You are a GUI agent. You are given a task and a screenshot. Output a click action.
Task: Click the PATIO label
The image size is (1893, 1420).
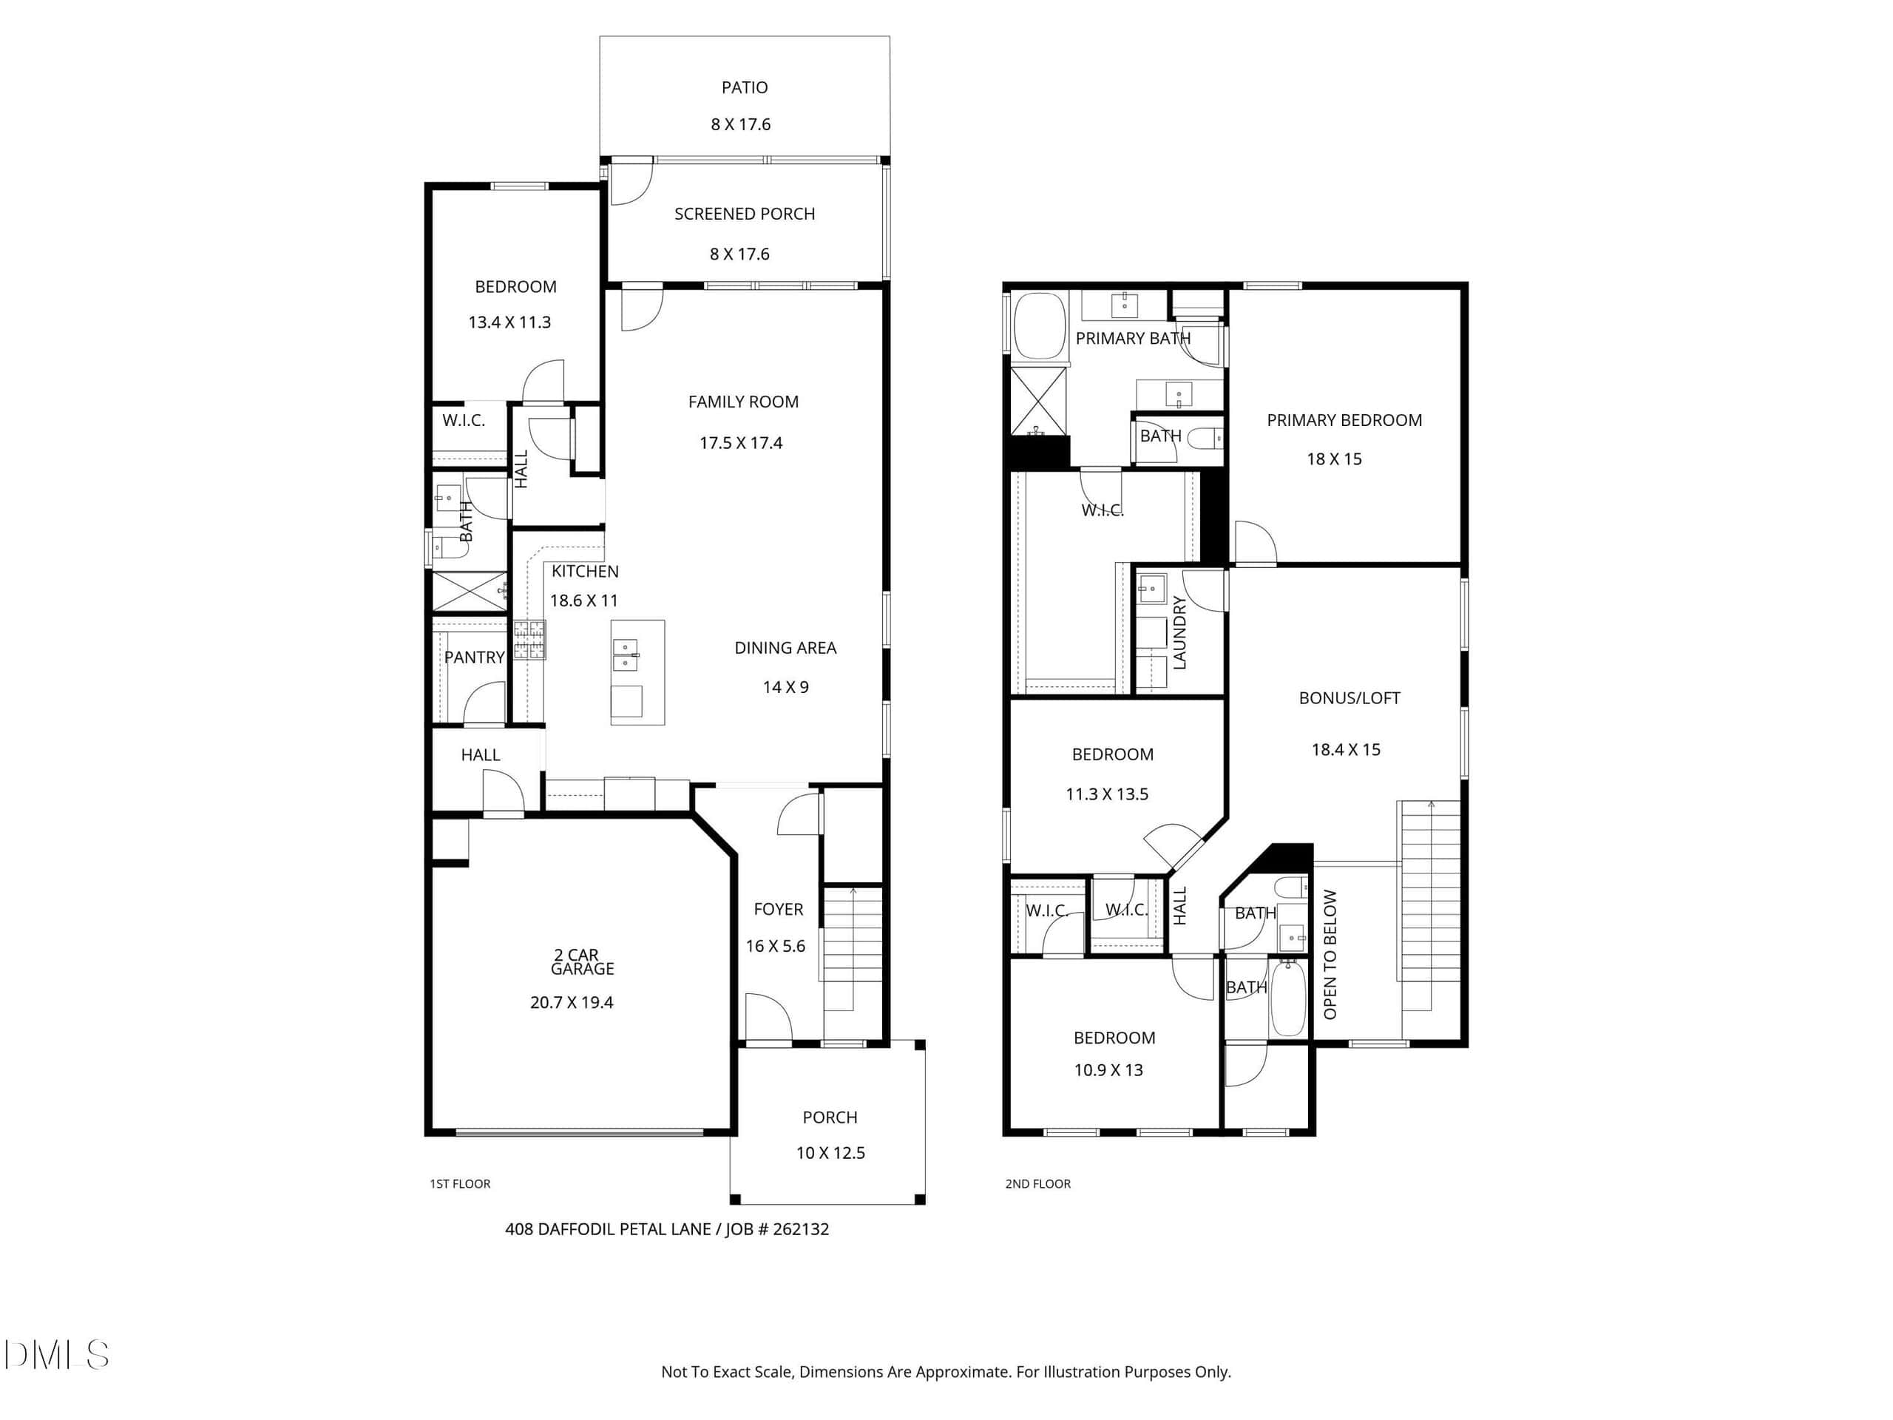tap(745, 87)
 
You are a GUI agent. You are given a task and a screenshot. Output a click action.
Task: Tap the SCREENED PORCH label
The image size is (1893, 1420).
tap(745, 214)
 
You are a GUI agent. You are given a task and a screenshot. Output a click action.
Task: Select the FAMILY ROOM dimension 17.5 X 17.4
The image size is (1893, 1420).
tap(741, 443)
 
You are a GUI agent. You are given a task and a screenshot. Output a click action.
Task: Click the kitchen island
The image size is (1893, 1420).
tap(637, 673)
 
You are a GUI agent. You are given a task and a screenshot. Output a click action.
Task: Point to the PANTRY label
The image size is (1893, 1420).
tap(474, 657)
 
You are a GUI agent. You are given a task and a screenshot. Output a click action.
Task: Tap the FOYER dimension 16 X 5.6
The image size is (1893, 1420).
tap(776, 946)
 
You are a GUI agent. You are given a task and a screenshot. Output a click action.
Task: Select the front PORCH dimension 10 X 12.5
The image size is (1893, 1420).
tap(830, 1153)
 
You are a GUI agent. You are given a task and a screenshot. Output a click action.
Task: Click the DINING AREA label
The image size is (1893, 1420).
tap(785, 648)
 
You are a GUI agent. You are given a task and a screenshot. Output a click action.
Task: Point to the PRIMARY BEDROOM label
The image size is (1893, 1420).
tap(1344, 420)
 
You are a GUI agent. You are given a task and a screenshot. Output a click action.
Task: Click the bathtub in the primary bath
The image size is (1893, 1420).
tap(1039, 326)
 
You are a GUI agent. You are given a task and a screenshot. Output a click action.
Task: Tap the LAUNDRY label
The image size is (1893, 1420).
tap(1179, 632)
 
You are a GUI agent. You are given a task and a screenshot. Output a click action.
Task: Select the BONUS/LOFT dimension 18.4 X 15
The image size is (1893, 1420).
tap(1346, 750)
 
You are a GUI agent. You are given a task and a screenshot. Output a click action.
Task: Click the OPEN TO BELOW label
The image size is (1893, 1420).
tap(1330, 954)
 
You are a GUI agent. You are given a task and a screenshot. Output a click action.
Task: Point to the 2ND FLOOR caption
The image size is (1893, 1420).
tap(1038, 1184)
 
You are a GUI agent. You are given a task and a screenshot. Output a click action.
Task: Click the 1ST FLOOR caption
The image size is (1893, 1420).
tap(461, 1184)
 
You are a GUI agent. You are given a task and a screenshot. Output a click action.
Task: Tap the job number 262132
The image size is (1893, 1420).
tap(800, 1229)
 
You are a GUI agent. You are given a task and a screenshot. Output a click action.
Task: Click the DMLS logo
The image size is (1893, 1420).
tap(56, 1355)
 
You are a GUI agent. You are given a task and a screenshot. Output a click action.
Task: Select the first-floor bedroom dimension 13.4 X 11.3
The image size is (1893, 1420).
tap(509, 322)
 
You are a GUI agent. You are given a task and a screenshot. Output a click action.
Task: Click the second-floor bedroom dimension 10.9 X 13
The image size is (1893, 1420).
tap(1108, 1070)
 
